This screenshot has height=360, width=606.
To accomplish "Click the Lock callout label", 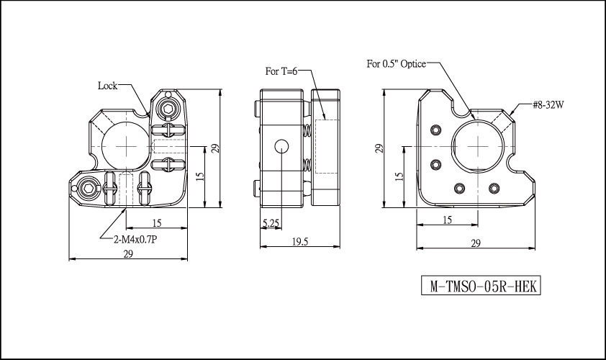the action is tap(107, 86).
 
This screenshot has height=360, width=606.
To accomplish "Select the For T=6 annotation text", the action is tap(281, 71).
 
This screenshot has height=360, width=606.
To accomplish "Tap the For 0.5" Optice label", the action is tap(396, 64).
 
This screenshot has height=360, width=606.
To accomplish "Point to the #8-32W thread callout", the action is tap(548, 104).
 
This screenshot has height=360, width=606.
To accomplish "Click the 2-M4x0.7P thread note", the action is tap(135, 240).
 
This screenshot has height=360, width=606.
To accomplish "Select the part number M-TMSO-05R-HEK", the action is tap(484, 287).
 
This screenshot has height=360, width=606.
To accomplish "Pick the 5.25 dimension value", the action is tap(271, 223).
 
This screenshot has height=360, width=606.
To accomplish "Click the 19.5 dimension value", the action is tap(300, 242).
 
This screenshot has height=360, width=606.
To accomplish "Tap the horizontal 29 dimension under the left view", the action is tap(128, 253).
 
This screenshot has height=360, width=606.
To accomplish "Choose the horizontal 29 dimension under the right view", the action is tap(476, 243).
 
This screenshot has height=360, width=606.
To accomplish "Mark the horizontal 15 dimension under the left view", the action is tap(156, 223).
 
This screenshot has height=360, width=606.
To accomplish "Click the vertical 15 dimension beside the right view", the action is tap(399, 176).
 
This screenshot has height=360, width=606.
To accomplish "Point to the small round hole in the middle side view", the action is tap(281, 147).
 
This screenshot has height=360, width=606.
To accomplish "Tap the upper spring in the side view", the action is tap(306, 131).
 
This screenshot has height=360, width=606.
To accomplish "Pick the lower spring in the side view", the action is tap(306, 165).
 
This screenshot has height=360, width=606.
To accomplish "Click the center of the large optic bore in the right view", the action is tap(478, 147).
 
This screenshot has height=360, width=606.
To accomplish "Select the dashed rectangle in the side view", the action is tap(327, 146).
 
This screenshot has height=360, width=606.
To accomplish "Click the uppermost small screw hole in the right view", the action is tap(436, 130).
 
